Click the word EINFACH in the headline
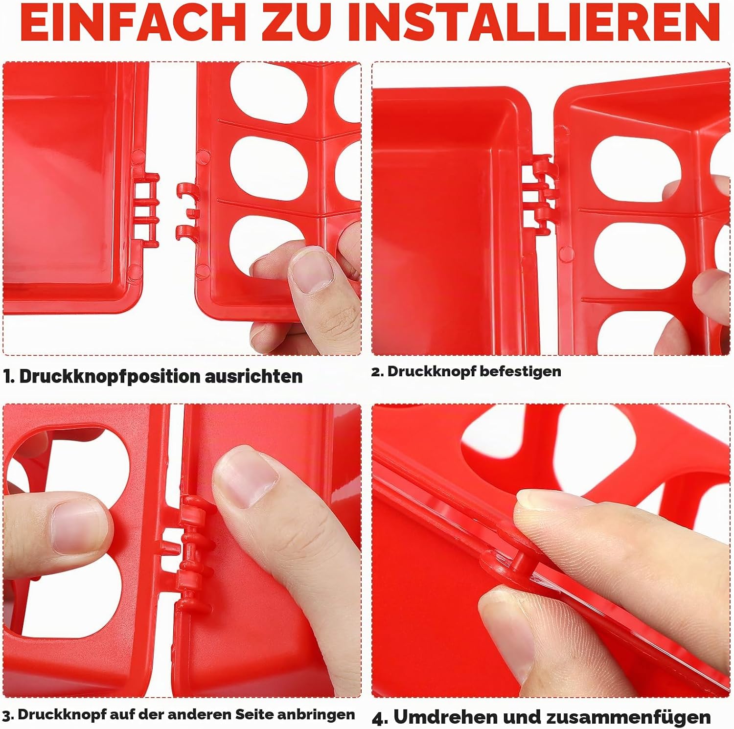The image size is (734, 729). tap(133, 23)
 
